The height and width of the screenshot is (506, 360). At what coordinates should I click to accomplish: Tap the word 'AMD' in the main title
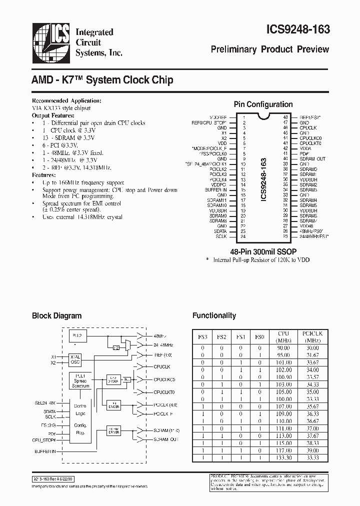[x=44, y=79]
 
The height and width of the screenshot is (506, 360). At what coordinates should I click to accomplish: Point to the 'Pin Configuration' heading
[x=263, y=104]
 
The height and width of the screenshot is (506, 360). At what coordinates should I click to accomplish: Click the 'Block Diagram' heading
[x=56, y=316]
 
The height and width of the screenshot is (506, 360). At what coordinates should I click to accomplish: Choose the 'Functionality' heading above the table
[x=214, y=315]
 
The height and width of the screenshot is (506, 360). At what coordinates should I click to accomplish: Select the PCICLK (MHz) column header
[x=312, y=336]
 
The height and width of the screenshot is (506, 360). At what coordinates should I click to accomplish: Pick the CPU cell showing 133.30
[x=283, y=458]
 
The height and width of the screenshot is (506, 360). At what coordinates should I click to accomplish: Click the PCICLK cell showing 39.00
[x=312, y=450]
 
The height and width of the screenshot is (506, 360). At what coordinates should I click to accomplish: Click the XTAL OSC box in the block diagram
[x=75, y=360]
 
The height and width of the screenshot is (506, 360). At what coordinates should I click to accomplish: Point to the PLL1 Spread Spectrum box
[x=80, y=380]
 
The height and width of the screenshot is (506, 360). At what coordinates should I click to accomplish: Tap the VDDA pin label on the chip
[x=305, y=148]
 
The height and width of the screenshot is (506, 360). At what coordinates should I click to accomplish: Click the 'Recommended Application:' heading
[x=67, y=100]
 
